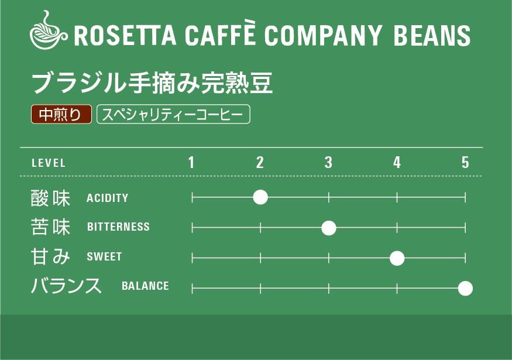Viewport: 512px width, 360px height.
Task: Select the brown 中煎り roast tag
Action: point(61,115)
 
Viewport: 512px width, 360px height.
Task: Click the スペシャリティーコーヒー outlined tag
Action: point(173,115)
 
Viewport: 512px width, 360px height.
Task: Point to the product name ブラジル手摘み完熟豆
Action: point(152,84)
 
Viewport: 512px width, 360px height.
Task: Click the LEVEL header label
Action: point(49,163)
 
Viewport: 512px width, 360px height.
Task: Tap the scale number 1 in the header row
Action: point(191,163)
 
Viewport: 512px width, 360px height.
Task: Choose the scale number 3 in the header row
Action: point(328,163)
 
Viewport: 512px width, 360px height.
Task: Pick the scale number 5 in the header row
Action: point(465,163)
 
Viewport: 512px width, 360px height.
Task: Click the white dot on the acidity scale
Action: point(260,197)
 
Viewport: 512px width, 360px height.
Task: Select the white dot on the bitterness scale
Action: point(329,228)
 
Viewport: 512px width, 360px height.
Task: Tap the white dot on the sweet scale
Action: point(397,258)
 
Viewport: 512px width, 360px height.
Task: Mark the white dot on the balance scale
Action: point(465,288)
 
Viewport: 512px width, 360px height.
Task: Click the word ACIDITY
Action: point(107,198)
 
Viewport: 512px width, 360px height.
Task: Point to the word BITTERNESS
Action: point(118,227)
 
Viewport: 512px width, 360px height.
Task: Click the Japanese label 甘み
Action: point(50,256)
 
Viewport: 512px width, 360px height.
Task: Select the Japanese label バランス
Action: point(66,286)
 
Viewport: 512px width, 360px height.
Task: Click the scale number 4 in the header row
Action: point(397,163)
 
